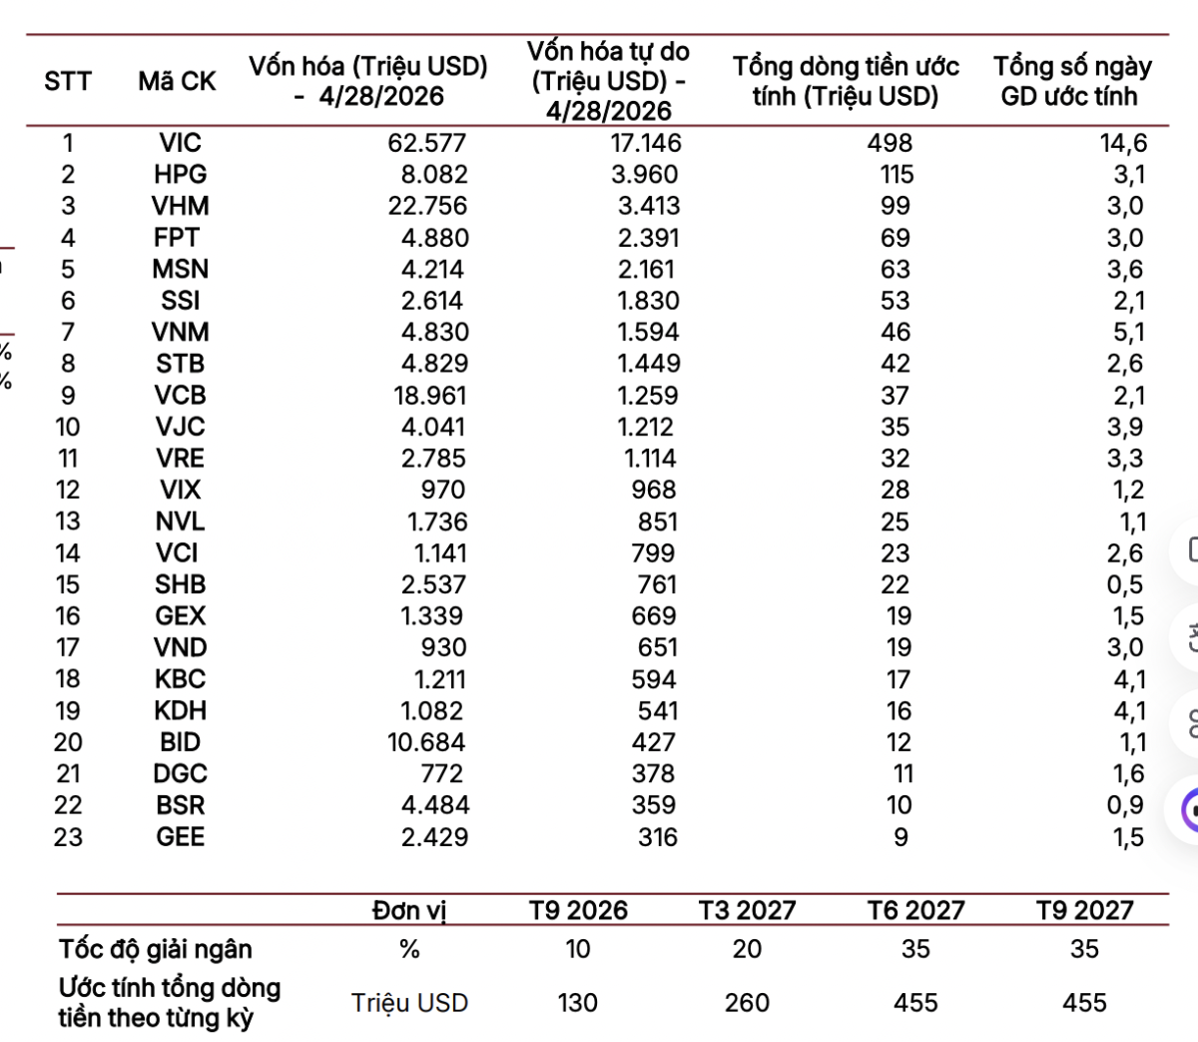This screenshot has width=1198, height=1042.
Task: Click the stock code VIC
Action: point(180,143)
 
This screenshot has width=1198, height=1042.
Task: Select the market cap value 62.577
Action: point(427,143)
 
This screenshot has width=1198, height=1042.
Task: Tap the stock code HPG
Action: point(180,175)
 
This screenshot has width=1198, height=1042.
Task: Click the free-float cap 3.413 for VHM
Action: point(649,206)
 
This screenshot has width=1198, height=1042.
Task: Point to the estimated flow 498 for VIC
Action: point(890,143)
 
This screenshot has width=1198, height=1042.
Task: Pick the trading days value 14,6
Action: point(1123,143)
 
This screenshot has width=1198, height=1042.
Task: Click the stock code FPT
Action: point(177,238)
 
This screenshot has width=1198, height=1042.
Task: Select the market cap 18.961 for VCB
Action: point(429,396)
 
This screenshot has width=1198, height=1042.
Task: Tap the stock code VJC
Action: point(180,427)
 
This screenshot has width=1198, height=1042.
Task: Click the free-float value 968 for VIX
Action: point(654,490)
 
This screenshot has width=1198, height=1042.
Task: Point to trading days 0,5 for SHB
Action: point(1125,584)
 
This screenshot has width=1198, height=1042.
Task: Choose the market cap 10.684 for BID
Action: point(426,742)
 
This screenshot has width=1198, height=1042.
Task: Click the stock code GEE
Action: point(180,837)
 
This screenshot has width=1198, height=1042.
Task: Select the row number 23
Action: point(68,837)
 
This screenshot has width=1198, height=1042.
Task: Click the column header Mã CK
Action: point(177,81)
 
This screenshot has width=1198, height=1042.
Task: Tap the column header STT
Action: point(68,81)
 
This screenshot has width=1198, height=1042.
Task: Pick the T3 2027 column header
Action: point(747,911)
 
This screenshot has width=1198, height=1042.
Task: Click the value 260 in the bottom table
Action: point(747,1003)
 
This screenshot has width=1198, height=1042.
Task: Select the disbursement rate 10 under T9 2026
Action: point(578,949)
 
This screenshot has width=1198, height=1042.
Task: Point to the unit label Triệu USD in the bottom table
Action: point(409,1003)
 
